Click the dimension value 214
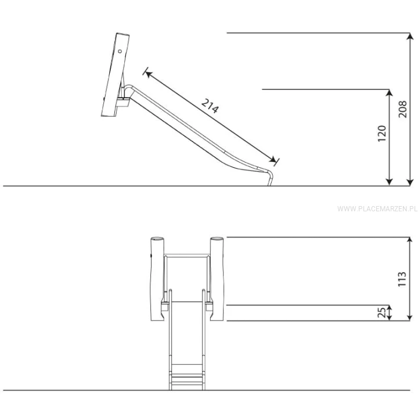[x=210, y=106]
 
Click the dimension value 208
[x=402, y=109]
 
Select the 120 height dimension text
[x=382, y=134]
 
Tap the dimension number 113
[x=402, y=279]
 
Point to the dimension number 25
[x=382, y=312]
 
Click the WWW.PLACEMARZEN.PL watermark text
[x=377, y=208]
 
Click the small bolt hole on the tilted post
[x=120, y=51]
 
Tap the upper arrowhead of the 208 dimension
[x=410, y=36]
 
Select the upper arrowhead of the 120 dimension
[x=390, y=93]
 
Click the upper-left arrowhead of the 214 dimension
[x=148, y=74]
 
